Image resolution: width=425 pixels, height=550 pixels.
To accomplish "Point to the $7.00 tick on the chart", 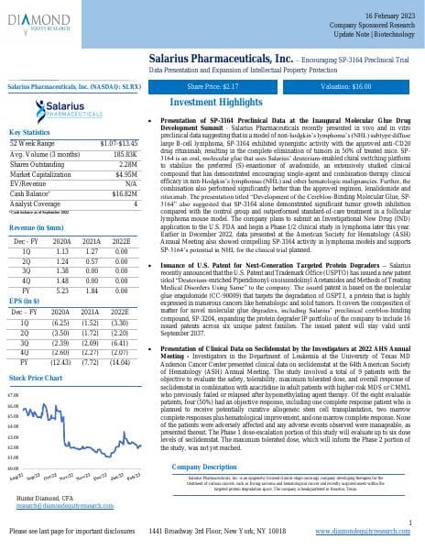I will pyautogui.click(x=13, y=393).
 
